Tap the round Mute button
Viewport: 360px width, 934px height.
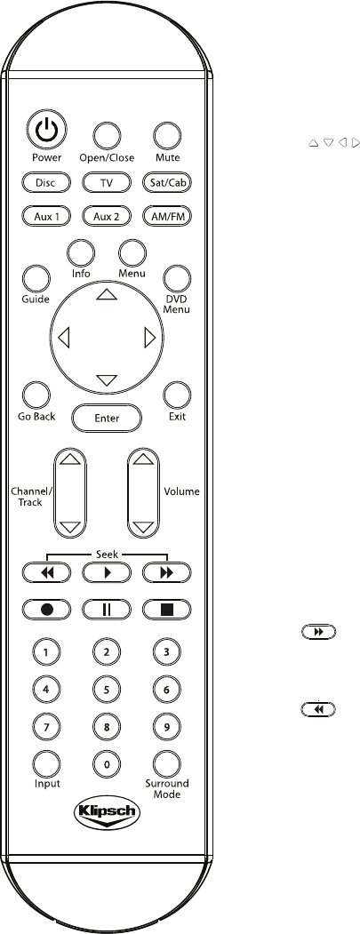(x=167, y=136)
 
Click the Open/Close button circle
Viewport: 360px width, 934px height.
(x=107, y=136)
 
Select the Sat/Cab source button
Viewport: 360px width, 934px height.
(x=167, y=183)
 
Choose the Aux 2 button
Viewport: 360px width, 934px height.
(x=107, y=216)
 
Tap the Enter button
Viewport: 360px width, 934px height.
(x=107, y=419)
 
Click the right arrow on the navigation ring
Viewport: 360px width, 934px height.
(x=150, y=339)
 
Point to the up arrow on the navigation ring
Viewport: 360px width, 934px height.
(x=107, y=293)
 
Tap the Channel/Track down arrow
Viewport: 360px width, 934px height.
(x=70, y=527)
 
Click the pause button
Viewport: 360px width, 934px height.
(x=107, y=610)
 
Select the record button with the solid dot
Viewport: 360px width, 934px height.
(x=46, y=610)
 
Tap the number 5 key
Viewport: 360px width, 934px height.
(x=107, y=690)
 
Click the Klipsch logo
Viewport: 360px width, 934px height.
(x=107, y=813)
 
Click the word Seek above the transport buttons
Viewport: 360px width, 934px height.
(x=107, y=554)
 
